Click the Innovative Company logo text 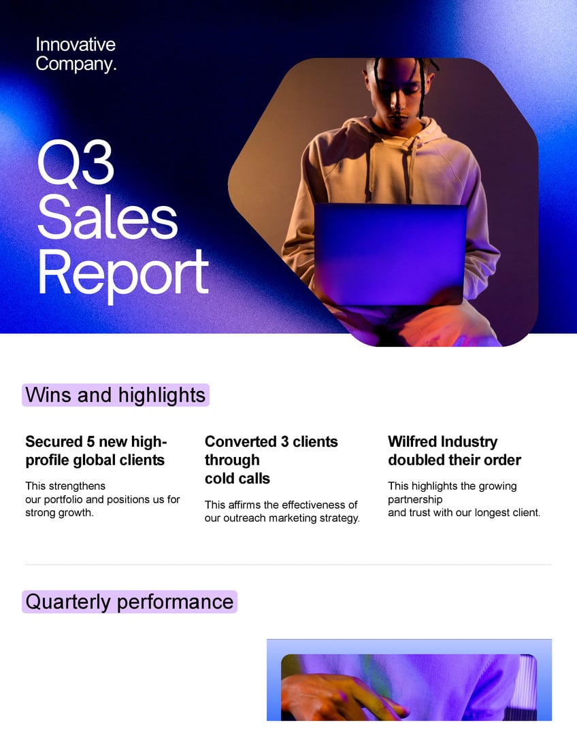[76, 54]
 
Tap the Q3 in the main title [75, 163]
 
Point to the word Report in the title [122, 271]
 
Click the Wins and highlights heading [115, 395]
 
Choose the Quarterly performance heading [129, 602]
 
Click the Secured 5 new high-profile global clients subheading [96, 451]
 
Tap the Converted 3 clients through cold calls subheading [271, 460]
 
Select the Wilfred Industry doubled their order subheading [454, 451]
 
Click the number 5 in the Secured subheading [90, 442]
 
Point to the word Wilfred [412, 442]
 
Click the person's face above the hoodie [394, 95]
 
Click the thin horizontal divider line [288, 564]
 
